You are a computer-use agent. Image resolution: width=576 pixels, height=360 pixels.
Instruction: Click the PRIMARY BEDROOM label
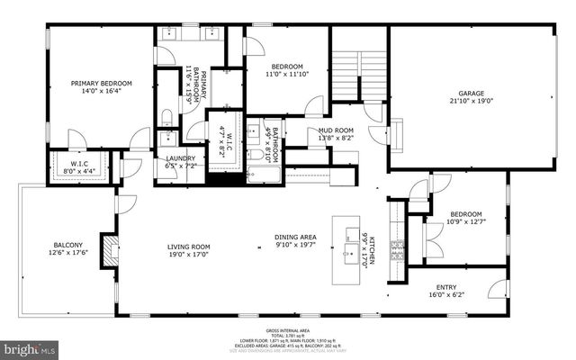click(97, 84)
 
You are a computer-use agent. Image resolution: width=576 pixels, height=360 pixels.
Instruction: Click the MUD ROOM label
click(334, 130)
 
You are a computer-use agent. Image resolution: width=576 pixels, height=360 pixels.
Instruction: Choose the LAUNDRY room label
click(181, 158)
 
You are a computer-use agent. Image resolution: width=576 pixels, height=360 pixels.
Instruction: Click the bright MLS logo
click(28, 346)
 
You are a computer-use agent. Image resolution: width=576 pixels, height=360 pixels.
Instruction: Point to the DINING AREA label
click(295, 238)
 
